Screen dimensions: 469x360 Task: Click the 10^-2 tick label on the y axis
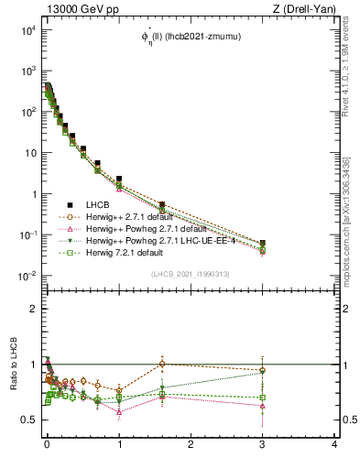click(x=27, y=277)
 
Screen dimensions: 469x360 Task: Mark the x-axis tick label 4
click(x=334, y=444)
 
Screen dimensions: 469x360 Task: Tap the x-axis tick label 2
click(x=191, y=444)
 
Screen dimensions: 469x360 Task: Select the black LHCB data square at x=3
click(x=263, y=244)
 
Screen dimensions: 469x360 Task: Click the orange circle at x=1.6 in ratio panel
click(x=162, y=364)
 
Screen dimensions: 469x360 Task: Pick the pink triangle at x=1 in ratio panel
click(x=119, y=412)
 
